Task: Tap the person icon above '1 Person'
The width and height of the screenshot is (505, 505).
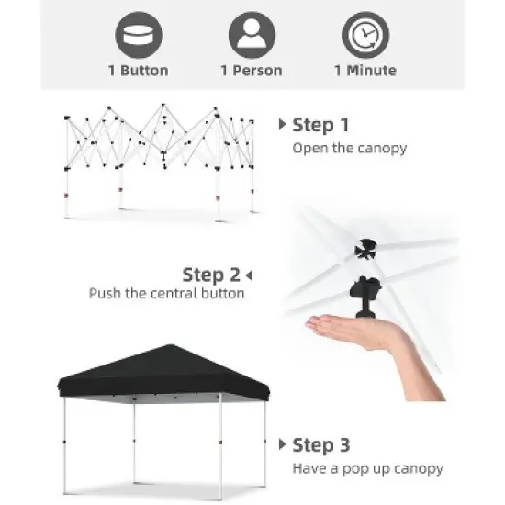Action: (x=251, y=35)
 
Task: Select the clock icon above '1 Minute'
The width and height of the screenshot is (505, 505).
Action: (x=365, y=35)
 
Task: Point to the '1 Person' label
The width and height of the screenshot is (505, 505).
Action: (x=251, y=71)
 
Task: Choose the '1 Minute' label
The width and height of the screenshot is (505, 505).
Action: (x=365, y=71)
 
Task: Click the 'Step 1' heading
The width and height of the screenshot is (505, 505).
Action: (x=320, y=125)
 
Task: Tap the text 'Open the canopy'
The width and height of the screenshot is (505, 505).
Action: (x=349, y=148)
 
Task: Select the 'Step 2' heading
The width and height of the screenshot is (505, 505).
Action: (x=211, y=274)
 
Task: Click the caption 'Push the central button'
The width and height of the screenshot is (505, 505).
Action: (x=166, y=294)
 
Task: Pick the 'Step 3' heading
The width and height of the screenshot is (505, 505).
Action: (x=320, y=445)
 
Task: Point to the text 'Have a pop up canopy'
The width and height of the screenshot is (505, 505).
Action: (x=367, y=468)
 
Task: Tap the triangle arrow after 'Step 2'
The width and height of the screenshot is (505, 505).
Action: (x=249, y=275)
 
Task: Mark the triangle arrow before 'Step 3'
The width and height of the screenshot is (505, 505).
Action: (x=283, y=445)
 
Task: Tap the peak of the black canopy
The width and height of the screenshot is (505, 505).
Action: (x=164, y=347)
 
